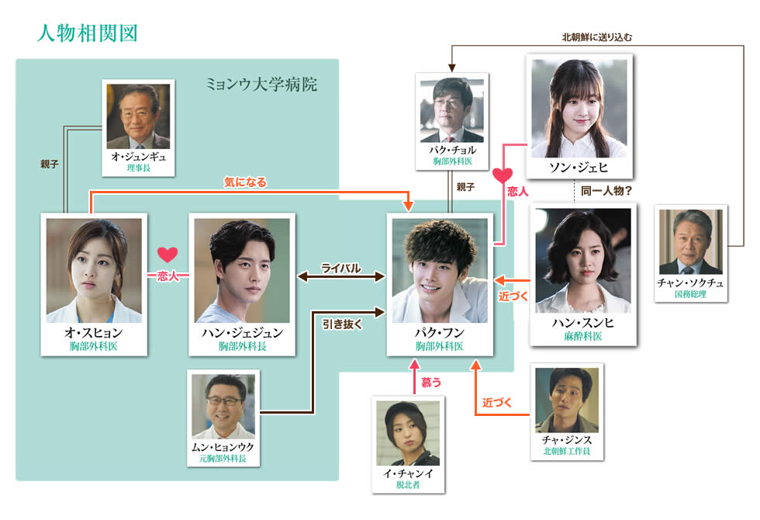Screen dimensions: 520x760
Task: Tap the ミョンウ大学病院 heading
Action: (x=261, y=84)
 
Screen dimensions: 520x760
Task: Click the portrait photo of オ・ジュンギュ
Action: (x=138, y=116)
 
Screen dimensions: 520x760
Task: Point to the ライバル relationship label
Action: (x=341, y=269)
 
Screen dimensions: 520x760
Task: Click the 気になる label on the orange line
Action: (x=245, y=182)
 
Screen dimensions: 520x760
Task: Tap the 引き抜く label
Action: (x=342, y=325)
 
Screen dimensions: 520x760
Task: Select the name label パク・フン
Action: (x=440, y=332)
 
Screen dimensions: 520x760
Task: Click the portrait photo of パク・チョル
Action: (x=451, y=110)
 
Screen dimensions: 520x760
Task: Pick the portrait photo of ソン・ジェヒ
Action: (x=579, y=108)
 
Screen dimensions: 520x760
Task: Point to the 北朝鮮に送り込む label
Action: (x=603, y=36)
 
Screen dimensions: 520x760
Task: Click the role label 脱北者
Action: (x=408, y=486)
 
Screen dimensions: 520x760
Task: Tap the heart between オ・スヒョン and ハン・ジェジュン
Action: (x=168, y=254)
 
